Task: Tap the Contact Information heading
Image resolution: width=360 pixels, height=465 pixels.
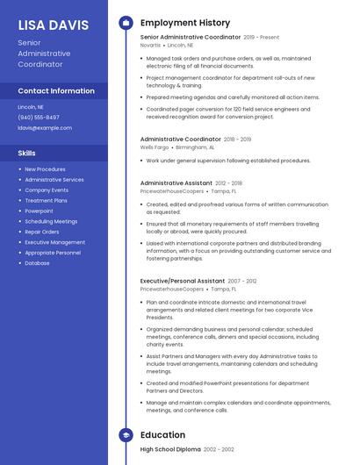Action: pyautogui.click(x=56, y=90)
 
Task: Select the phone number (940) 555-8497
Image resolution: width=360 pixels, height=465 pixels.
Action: pyautogui.click(x=39, y=117)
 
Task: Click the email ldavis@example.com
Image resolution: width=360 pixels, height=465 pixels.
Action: pyautogui.click(x=45, y=127)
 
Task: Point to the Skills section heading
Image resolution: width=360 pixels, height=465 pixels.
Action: pyautogui.click(x=27, y=153)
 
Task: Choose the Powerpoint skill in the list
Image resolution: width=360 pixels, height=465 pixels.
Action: pyautogui.click(x=39, y=211)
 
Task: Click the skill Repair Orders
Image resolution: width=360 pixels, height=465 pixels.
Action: pyautogui.click(x=42, y=232)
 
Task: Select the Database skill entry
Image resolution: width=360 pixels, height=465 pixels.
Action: pyautogui.click(x=37, y=263)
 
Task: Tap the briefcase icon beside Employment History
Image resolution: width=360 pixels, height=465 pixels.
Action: pyautogui.click(x=126, y=22)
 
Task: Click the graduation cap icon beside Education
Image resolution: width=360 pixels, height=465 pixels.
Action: pyautogui.click(x=126, y=434)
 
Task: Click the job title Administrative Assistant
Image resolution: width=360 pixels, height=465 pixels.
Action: pyautogui.click(x=176, y=182)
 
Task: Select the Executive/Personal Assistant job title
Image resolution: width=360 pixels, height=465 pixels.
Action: pyautogui.click(x=183, y=281)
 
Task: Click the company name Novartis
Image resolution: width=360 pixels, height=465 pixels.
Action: pyautogui.click(x=151, y=45)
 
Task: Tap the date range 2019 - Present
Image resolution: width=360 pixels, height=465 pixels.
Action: pyautogui.click(x=262, y=38)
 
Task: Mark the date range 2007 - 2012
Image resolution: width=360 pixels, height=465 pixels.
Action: pyautogui.click(x=242, y=281)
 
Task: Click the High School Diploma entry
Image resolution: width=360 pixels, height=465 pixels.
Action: pyautogui.click(x=170, y=448)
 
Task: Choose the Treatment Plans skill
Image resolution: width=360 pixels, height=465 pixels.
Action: pyautogui.click(x=46, y=200)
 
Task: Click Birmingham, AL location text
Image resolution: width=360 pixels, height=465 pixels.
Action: pyautogui.click(x=199, y=147)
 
